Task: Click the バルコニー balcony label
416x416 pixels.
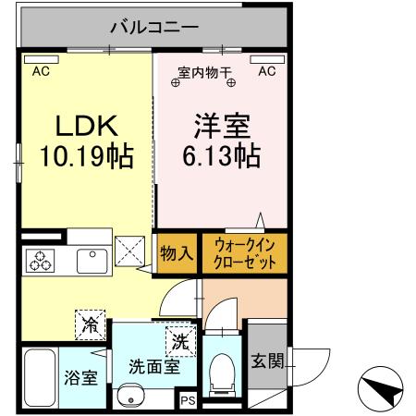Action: [x=153, y=27]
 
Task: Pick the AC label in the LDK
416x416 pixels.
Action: [x=42, y=70]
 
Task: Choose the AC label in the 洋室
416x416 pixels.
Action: [x=267, y=70]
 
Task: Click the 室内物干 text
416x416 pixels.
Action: [x=204, y=71]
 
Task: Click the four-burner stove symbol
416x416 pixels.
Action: [x=43, y=262]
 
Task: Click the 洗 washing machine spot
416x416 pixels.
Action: [x=180, y=340]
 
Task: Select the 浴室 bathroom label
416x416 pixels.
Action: [x=80, y=377]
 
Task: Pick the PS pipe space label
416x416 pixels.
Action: [x=188, y=401]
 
